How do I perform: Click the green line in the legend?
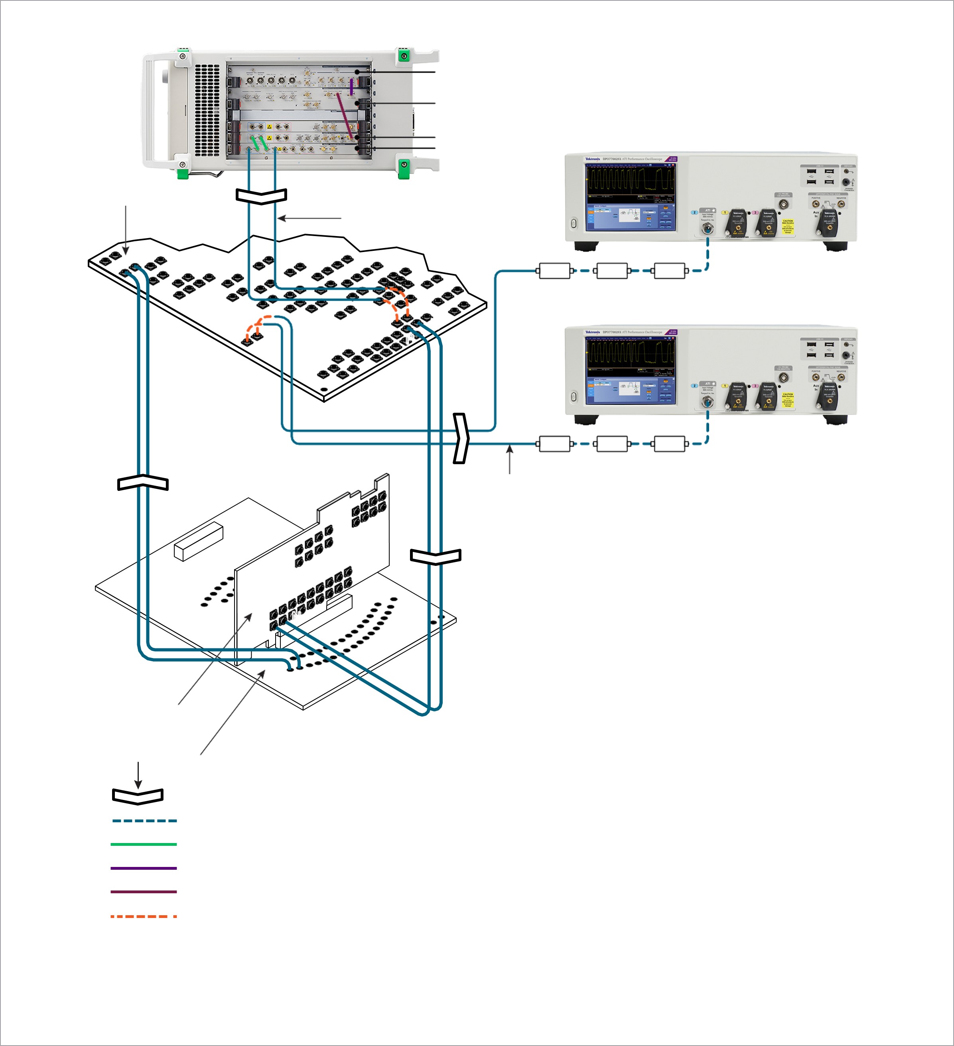(x=144, y=844)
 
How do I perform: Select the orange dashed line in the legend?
(x=144, y=916)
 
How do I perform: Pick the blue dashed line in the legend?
(x=144, y=821)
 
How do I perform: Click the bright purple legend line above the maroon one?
(x=144, y=868)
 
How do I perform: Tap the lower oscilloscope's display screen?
(x=631, y=370)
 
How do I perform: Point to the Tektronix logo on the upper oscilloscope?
(x=592, y=159)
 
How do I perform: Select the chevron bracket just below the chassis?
(x=261, y=196)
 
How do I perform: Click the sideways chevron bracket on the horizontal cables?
(x=461, y=438)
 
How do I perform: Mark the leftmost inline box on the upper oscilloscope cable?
(x=555, y=271)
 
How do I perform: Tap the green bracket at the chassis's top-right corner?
(x=403, y=55)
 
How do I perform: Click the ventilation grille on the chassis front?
(x=207, y=110)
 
